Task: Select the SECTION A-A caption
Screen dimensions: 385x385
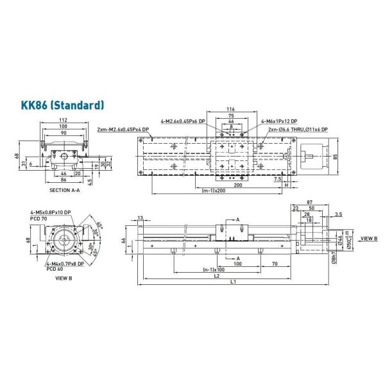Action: pos(65,191)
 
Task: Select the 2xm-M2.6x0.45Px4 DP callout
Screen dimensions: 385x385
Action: pos(123,130)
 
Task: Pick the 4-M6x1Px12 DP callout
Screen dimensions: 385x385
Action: pos(278,121)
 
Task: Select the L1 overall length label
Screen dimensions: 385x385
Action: pos(234,282)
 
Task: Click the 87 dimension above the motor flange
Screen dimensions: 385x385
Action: pos(310,203)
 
